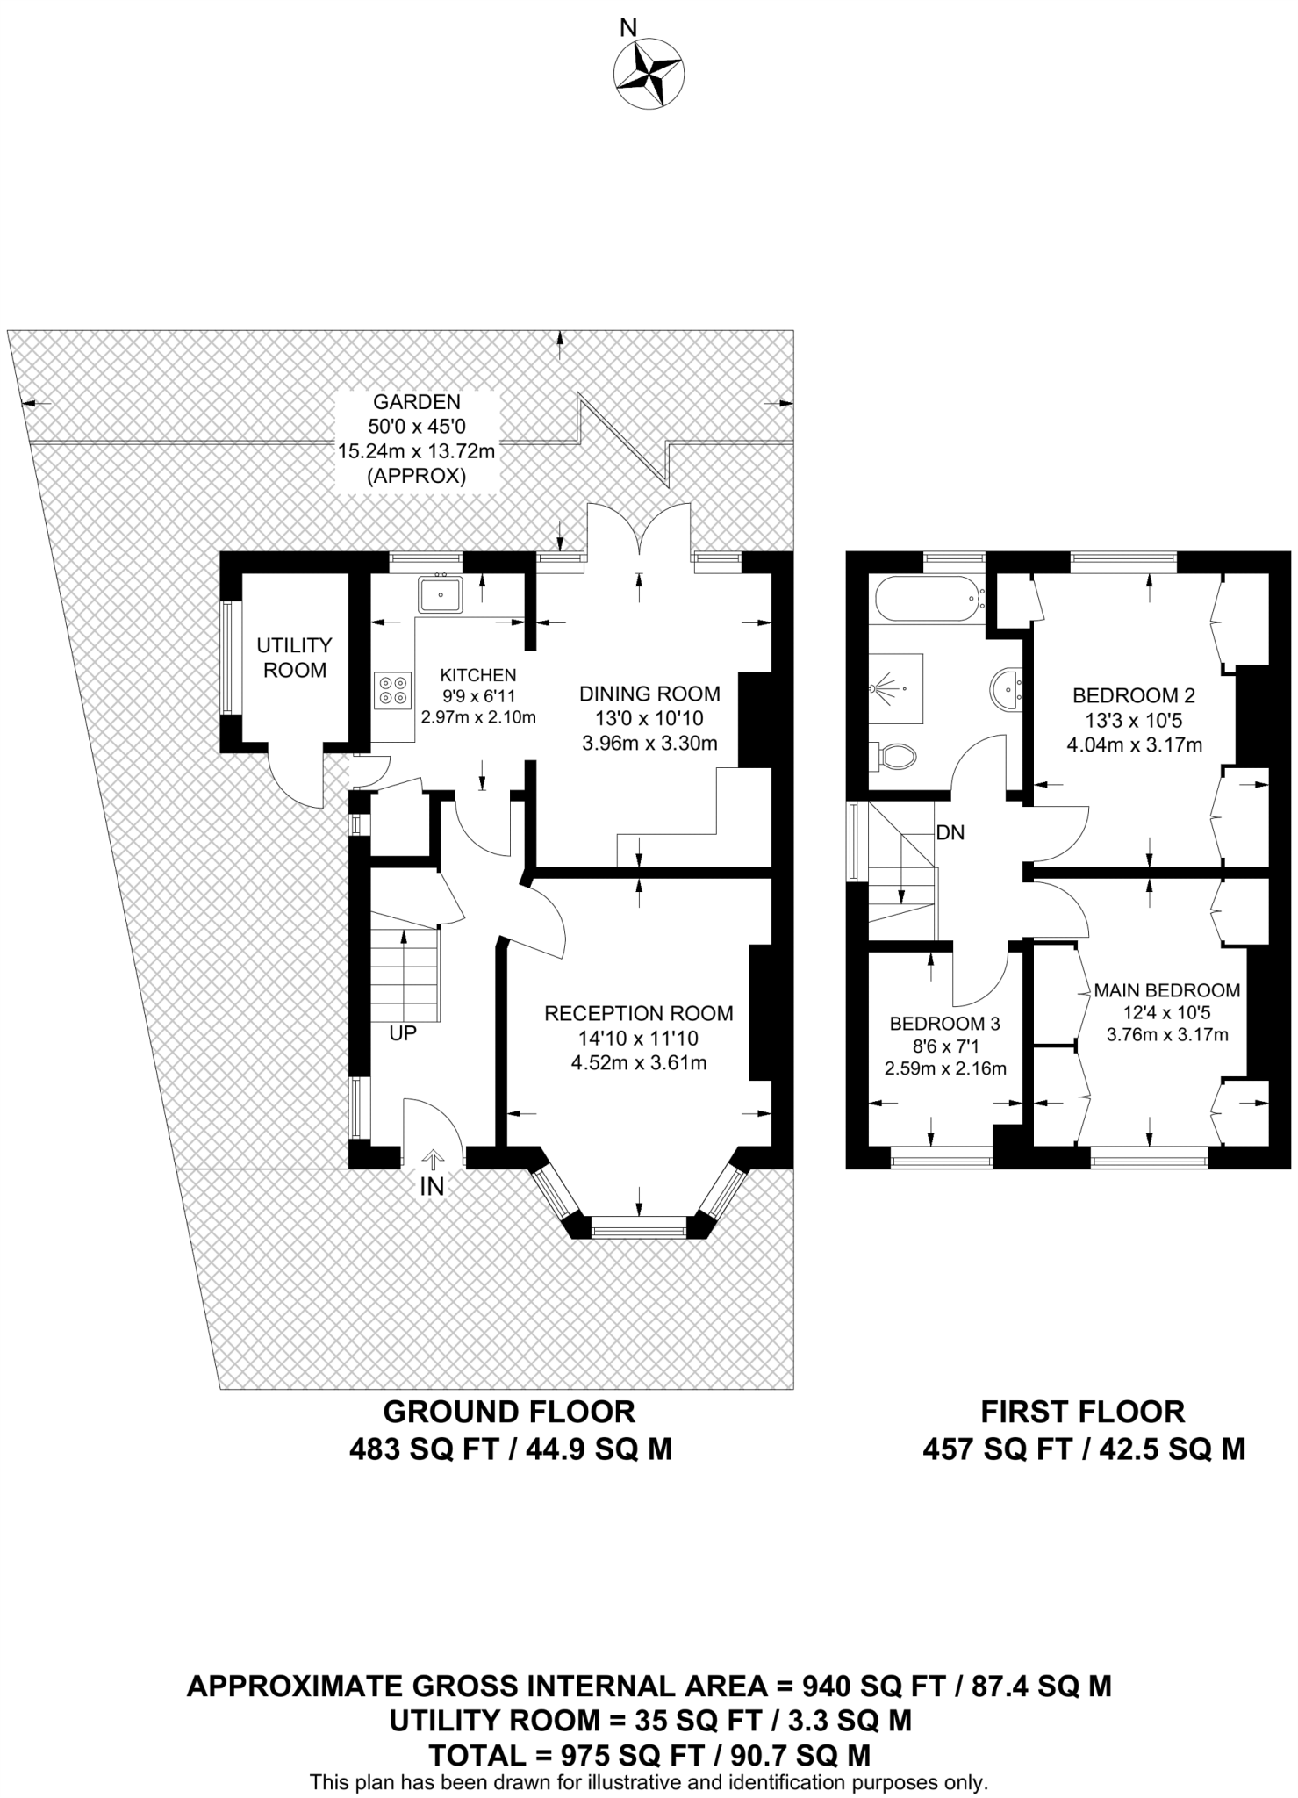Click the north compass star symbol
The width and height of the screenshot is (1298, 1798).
click(x=649, y=75)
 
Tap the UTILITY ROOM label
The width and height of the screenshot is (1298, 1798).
click(x=294, y=658)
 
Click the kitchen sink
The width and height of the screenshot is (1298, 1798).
click(x=441, y=595)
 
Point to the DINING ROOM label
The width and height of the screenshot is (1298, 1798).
click(x=649, y=694)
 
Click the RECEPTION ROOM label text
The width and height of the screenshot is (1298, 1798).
click(x=638, y=1013)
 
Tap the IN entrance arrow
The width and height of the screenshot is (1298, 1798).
click(x=432, y=1161)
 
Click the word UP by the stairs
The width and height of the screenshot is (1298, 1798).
click(x=403, y=1033)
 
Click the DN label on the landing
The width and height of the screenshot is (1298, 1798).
click(x=950, y=832)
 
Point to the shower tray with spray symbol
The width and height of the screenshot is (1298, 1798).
click(x=896, y=687)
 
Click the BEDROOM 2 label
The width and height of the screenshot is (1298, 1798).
click(x=1134, y=696)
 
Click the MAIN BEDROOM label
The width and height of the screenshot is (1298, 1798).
click(x=1167, y=990)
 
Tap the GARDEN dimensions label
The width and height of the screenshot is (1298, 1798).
click(x=417, y=439)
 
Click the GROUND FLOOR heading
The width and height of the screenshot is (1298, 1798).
click(x=509, y=1412)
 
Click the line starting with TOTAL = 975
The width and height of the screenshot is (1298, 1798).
click(x=649, y=1755)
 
